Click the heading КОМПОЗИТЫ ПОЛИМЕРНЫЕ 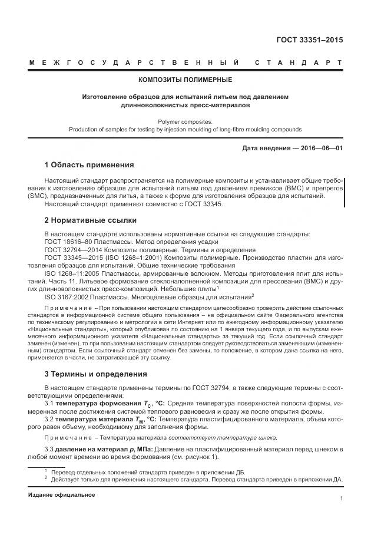tap(185, 80)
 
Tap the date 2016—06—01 tap(317, 148)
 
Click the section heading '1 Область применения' tap(90, 164)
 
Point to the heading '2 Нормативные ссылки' tap(91, 220)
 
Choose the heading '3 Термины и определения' tap(96, 374)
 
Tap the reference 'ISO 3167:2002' tap(65, 296)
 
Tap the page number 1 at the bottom tap(342, 498)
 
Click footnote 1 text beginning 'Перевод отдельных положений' tap(147, 472)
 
